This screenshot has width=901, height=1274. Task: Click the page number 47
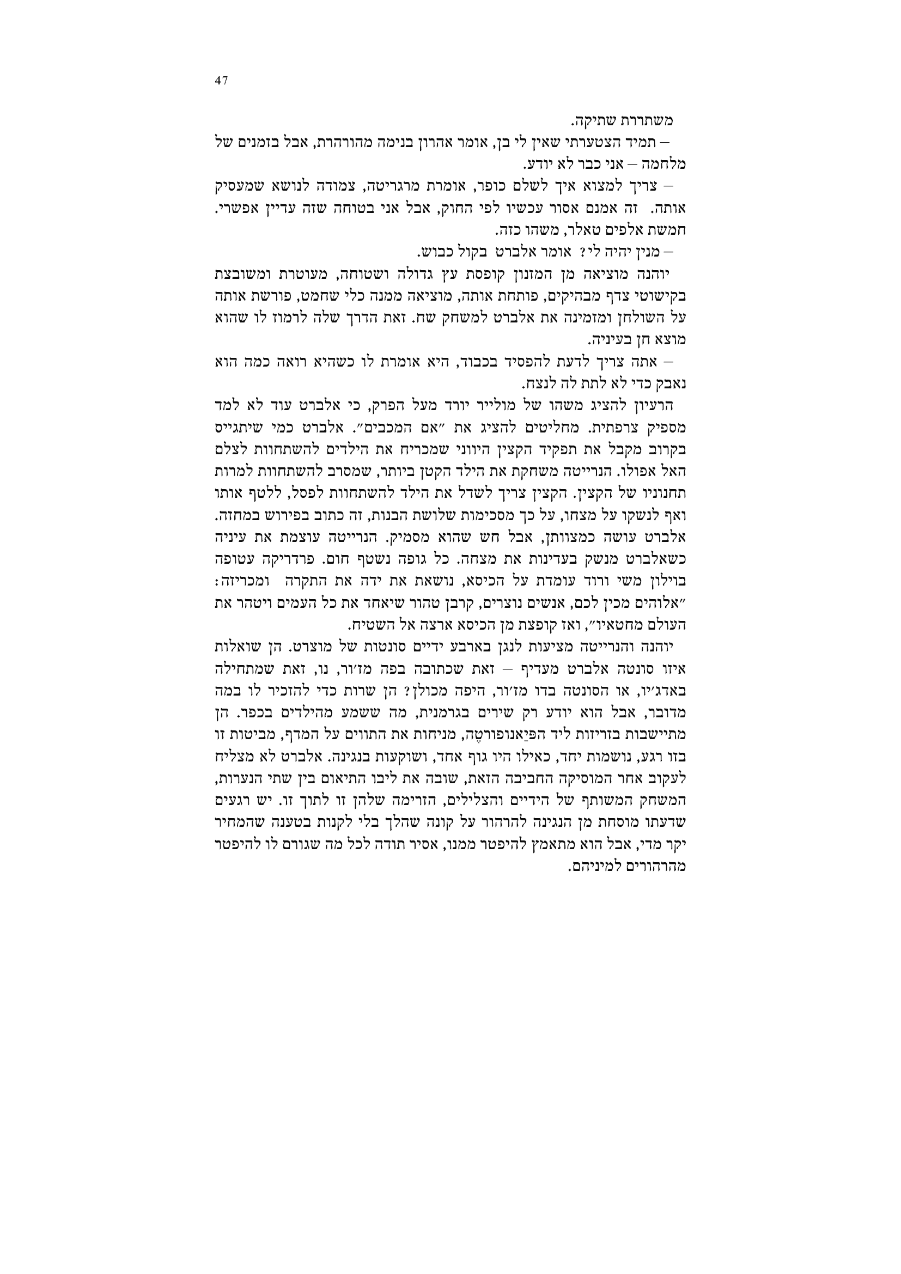click(221, 81)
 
